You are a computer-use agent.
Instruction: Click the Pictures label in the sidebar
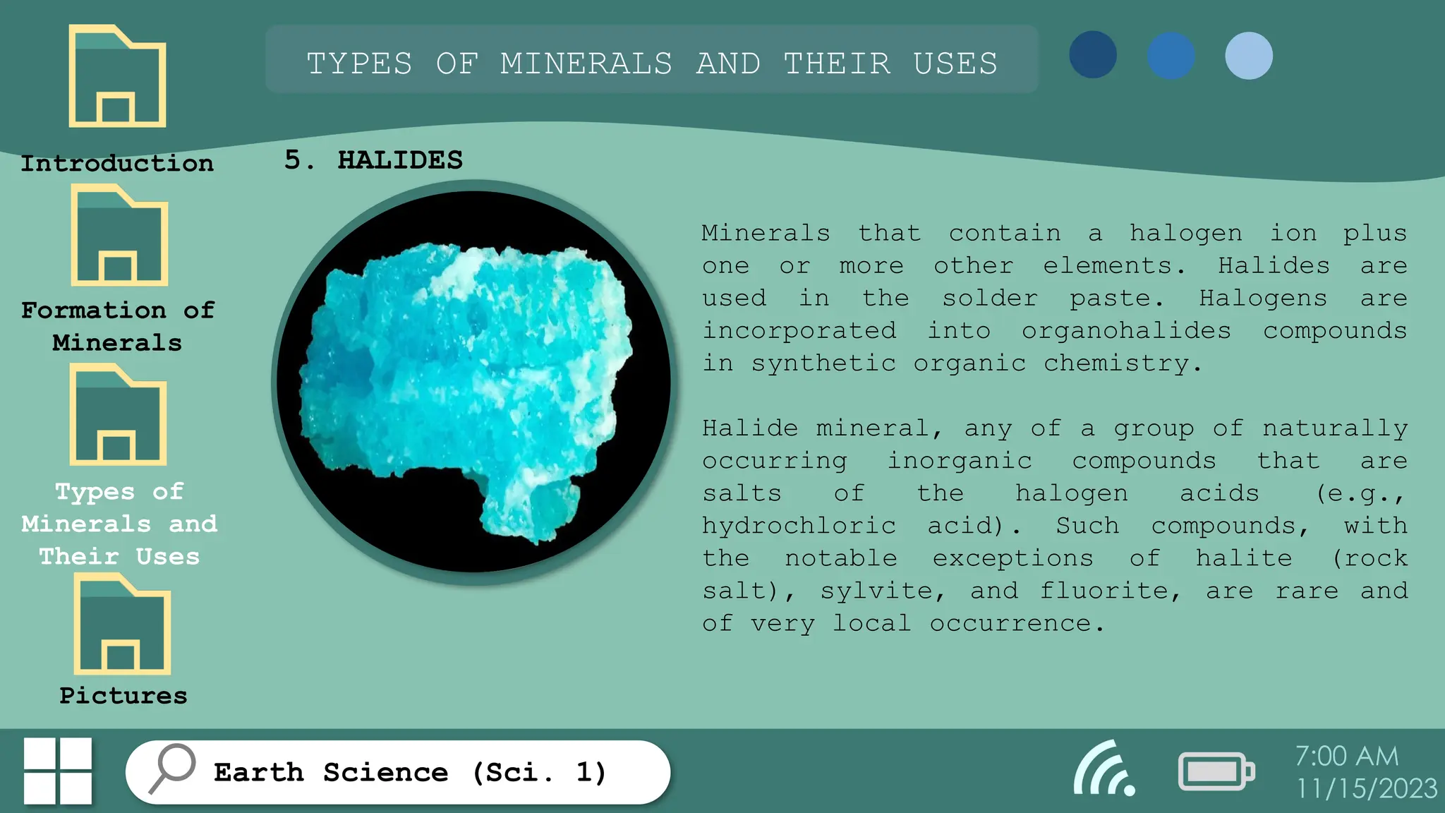click(123, 696)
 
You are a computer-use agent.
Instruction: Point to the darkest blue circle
click(1093, 55)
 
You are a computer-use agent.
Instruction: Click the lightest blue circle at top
click(1249, 56)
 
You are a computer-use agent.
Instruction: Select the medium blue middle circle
click(1171, 56)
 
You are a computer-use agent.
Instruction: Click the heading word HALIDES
click(400, 160)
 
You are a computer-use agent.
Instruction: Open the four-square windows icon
click(58, 771)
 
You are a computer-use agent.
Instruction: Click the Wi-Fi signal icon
click(1104, 769)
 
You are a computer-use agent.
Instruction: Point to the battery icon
click(1216, 771)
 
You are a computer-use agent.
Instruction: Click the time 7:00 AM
click(1346, 757)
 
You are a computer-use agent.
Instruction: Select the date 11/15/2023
click(1367, 788)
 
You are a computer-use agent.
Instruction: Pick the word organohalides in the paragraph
click(1126, 331)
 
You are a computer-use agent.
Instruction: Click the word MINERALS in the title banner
click(586, 64)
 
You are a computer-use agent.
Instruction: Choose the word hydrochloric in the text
click(799, 526)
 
